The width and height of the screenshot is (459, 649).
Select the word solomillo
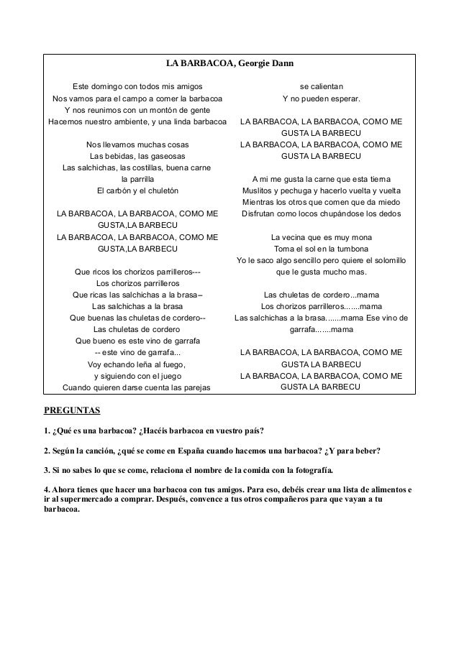388,259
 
